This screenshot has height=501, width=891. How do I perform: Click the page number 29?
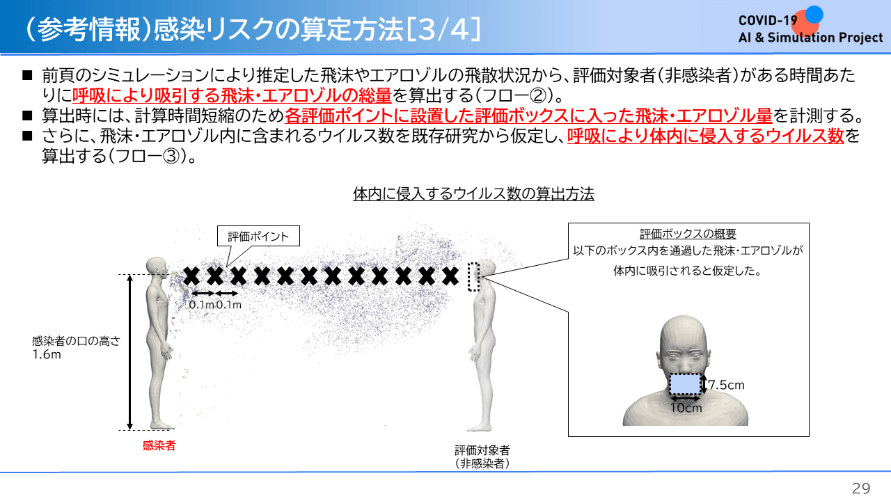click(861, 488)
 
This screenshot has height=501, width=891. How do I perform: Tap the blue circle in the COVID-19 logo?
click(814, 15)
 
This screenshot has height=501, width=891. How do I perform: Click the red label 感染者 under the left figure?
click(159, 445)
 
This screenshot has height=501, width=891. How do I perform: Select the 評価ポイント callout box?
click(258, 236)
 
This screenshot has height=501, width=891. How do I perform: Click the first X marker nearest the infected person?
click(191, 276)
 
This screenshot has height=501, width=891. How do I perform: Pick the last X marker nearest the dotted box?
click(450, 276)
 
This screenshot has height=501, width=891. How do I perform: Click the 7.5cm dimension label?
click(726, 385)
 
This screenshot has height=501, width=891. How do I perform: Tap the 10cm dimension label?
click(686, 408)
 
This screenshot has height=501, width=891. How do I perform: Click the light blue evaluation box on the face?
click(685, 384)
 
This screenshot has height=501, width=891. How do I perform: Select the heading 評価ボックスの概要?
click(688, 234)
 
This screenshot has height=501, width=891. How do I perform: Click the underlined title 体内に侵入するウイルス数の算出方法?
click(473, 194)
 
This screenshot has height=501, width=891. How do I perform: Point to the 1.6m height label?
click(47, 354)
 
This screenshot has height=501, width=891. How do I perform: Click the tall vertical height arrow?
click(129, 352)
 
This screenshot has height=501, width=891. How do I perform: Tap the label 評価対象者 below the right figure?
click(482, 450)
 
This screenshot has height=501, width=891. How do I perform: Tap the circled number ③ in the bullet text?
click(171, 157)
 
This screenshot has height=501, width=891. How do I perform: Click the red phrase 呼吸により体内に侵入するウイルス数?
click(706, 136)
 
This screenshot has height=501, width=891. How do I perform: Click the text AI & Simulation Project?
click(811, 38)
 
